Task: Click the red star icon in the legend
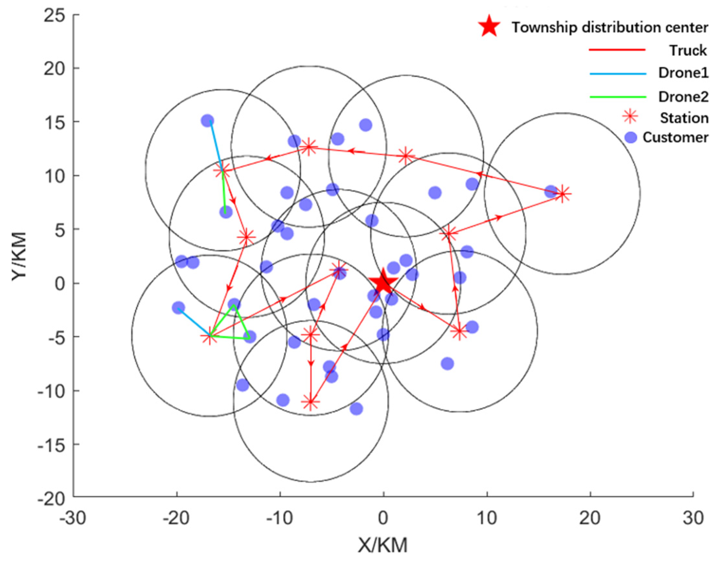(489, 27)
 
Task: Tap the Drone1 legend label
(683, 73)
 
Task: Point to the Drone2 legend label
(683, 97)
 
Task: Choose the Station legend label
(684, 118)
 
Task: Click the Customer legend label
(675, 137)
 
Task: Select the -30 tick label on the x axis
(73, 518)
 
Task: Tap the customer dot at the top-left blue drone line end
(207, 121)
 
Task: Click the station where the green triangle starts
(210, 337)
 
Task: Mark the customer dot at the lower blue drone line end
(178, 308)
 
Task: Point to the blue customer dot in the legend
(631, 137)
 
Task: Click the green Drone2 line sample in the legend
(617, 97)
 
